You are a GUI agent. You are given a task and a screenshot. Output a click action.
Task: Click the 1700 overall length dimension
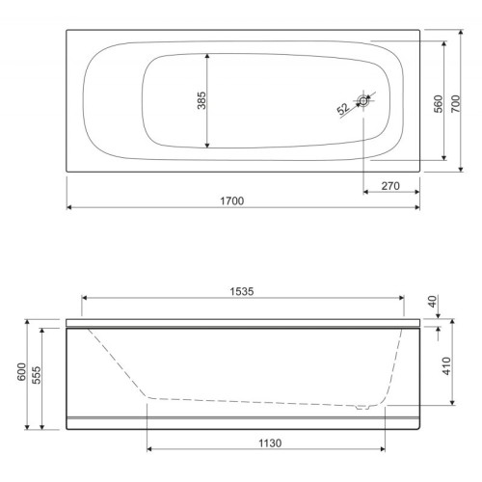click(x=232, y=201)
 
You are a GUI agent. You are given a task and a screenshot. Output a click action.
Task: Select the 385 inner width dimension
click(x=201, y=100)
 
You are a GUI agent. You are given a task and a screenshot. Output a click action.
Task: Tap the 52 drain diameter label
click(x=343, y=109)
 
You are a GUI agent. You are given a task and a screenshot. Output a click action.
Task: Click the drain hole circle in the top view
click(x=363, y=101)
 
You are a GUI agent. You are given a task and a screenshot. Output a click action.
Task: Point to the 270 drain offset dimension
click(x=390, y=186)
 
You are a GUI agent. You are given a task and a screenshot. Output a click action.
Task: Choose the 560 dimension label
click(x=438, y=104)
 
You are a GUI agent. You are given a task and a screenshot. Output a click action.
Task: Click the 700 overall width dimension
click(x=455, y=103)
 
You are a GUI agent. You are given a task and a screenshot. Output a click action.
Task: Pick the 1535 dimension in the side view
click(x=242, y=291)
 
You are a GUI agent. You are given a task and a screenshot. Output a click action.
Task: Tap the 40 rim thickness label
click(x=433, y=302)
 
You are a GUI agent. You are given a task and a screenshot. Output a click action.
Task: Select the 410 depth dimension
click(x=446, y=365)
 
